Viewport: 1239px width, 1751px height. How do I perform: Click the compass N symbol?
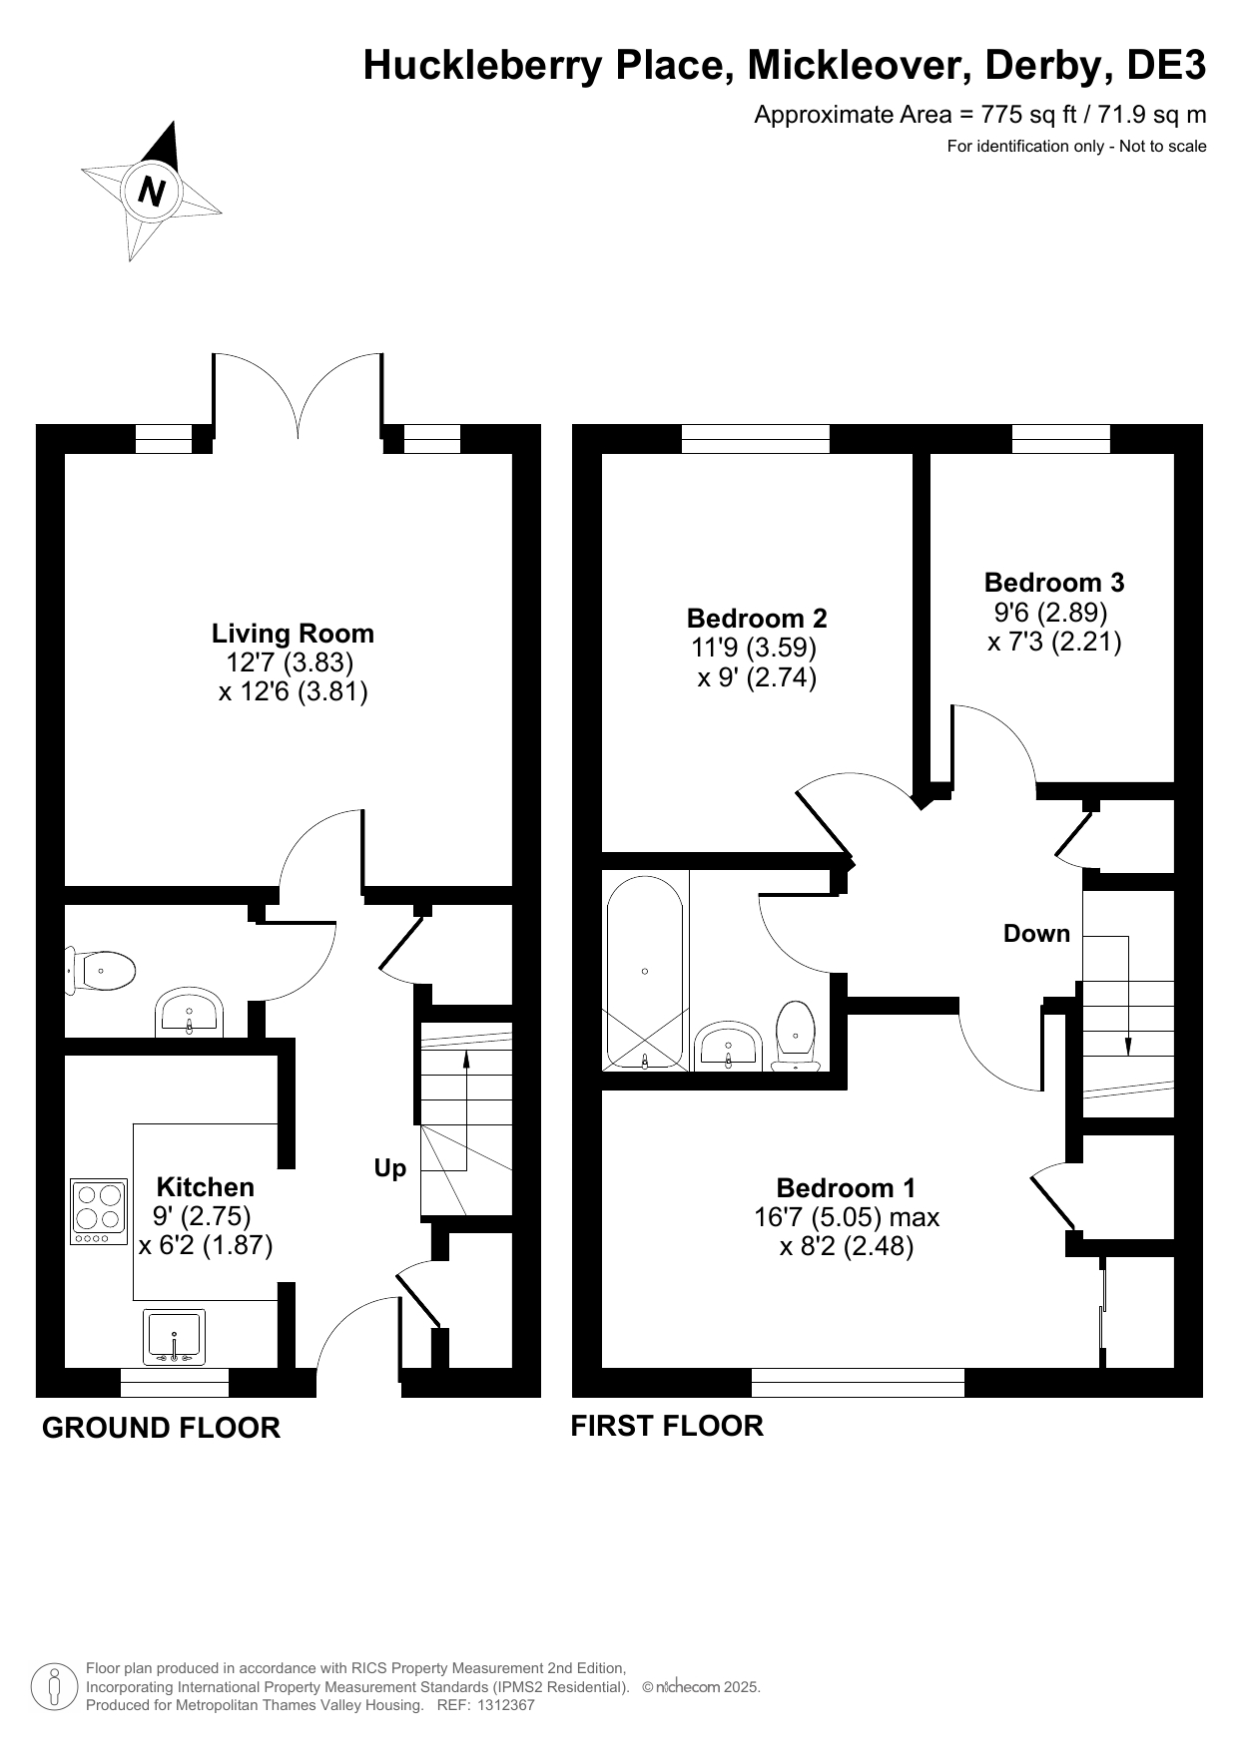point(152,190)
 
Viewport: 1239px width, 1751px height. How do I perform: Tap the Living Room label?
point(293,634)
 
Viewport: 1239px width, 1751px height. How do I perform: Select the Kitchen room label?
point(206,1187)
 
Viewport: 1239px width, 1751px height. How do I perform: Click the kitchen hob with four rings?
point(100,1212)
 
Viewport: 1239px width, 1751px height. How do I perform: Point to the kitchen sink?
point(175,1337)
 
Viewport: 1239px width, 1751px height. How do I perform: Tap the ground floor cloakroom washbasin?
point(190,1014)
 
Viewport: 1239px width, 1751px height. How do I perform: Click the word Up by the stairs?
point(390,1168)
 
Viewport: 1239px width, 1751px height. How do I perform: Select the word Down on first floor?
point(1036,934)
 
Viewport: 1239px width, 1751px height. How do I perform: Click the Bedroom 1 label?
point(846,1188)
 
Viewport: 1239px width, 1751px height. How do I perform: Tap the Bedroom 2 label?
point(757,619)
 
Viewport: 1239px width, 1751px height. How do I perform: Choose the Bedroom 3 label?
point(1054,582)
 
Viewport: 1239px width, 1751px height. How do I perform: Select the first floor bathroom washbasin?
point(729,1046)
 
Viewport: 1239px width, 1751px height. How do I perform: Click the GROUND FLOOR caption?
point(161,1428)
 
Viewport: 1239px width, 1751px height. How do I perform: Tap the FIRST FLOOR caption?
point(667,1426)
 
